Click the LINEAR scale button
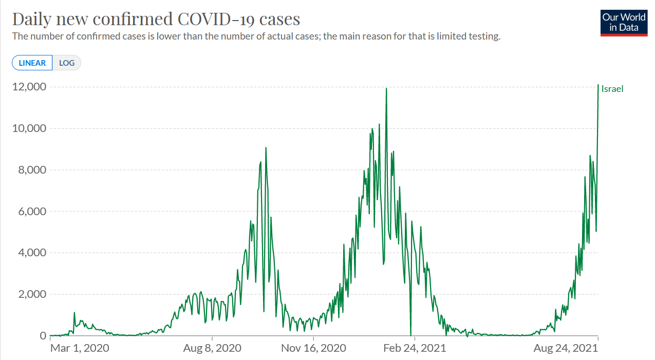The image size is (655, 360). tap(32, 63)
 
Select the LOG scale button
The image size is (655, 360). tap(67, 63)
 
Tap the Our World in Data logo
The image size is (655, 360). tap(624, 23)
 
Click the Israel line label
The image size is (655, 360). tap(612, 89)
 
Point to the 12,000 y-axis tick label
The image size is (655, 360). tap(29, 87)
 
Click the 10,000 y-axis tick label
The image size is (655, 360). tap(29, 128)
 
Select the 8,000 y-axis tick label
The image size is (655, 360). tap(32, 170)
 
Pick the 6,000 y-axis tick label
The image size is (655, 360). tap(32, 211)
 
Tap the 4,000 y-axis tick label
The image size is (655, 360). tap(32, 253)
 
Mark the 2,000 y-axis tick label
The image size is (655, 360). tap(32, 294)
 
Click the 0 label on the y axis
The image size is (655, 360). tap(43, 335)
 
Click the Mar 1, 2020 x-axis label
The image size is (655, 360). tap(80, 348)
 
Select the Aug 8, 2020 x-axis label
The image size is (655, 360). tap(212, 348)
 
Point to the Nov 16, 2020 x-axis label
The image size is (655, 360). tap(313, 348)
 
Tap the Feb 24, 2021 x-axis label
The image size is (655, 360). tap(415, 348)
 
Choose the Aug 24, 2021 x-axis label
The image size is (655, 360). tap(566, 348)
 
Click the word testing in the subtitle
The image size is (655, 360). tap(484, 36)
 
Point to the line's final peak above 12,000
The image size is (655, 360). tap(598, 85)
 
